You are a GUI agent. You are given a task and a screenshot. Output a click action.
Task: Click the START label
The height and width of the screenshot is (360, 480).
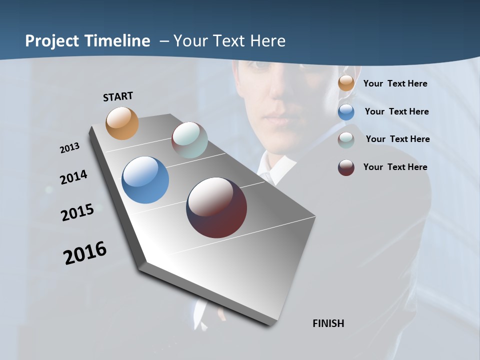pos(118,96)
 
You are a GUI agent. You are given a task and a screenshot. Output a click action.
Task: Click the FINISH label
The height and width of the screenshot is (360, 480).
pos(328,323)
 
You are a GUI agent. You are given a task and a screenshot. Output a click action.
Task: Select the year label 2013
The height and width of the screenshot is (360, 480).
pos(69,148)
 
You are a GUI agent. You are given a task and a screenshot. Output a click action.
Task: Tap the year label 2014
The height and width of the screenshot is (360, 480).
pos(73,177)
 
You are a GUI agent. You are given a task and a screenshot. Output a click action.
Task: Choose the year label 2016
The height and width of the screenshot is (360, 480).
pos(85,253)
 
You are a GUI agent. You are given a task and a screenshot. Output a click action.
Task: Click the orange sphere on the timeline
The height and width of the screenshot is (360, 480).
pos(122,123)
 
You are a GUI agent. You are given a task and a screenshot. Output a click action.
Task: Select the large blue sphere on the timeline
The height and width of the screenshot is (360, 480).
pos(145,180)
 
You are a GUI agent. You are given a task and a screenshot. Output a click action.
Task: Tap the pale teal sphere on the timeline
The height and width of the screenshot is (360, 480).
pos(189,140)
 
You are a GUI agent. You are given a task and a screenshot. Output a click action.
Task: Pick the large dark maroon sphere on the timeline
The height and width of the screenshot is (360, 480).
pos(216,207)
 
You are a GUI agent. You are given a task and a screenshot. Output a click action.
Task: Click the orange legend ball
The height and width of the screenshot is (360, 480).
pos(346,83)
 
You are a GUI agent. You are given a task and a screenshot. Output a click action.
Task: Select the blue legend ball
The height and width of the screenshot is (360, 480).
pos(346,112)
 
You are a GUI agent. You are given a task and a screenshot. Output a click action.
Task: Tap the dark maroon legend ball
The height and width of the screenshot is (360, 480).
pos(346,167)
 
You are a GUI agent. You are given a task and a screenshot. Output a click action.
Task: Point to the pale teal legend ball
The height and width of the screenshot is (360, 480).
pos(346,140)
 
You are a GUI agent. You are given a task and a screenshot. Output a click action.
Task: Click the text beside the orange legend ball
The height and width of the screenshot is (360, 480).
pos(395,84)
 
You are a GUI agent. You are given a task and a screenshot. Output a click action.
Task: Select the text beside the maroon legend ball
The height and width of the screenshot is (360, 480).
pos(395,167)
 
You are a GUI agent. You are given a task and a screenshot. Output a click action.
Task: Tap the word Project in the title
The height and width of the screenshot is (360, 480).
pos(52,41)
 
